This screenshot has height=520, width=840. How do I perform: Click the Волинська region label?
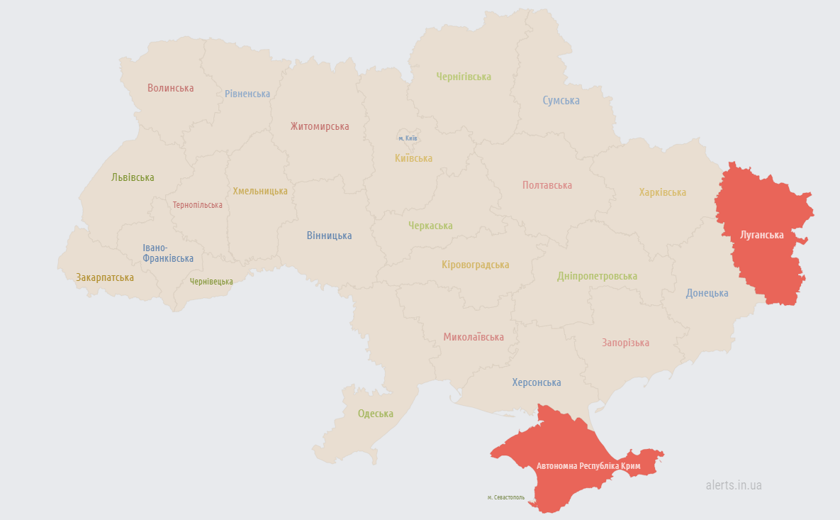point(170,88)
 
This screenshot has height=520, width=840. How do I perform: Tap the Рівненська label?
point(247,94)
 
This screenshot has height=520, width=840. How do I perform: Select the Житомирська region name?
point(319,126)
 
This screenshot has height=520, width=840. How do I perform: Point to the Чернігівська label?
point(464,77)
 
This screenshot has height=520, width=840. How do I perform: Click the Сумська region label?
point(561,101)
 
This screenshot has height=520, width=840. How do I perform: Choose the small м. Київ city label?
point(408,138)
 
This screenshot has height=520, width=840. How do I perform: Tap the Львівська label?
point(133,177)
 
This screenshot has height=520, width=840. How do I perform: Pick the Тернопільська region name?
point(197,205)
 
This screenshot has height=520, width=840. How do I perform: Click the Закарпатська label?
point(105,277)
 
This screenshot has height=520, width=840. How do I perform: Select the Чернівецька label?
point(211,282)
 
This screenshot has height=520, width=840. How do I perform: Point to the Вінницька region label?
point(329,236)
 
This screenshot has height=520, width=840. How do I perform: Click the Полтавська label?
point(547,185)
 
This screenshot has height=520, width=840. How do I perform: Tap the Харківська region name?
point(662,192)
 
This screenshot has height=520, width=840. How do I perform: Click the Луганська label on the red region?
point(761,235)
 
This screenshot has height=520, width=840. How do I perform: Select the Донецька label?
point(707,293)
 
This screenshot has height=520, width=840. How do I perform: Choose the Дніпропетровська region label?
point(597,276)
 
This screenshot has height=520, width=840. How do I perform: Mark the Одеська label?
point(375,414)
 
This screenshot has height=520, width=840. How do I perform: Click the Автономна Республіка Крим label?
point(588,466)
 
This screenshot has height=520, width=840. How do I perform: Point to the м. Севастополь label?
point(506,497)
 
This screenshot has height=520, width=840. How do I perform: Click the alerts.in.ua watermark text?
point(734,485)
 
